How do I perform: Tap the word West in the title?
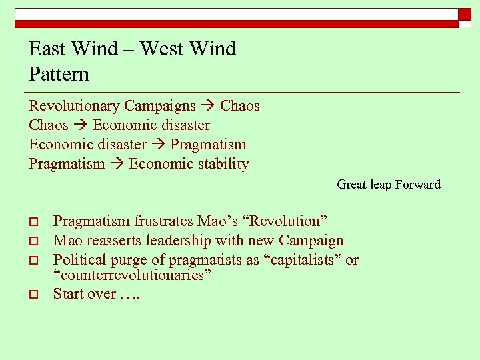[160, 49]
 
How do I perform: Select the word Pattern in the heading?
[59, 74]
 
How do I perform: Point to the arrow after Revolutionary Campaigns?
[207, 106]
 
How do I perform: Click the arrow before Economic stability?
[117, 164]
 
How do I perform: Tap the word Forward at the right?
[418, 185]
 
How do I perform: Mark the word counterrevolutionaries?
[132, 275]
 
